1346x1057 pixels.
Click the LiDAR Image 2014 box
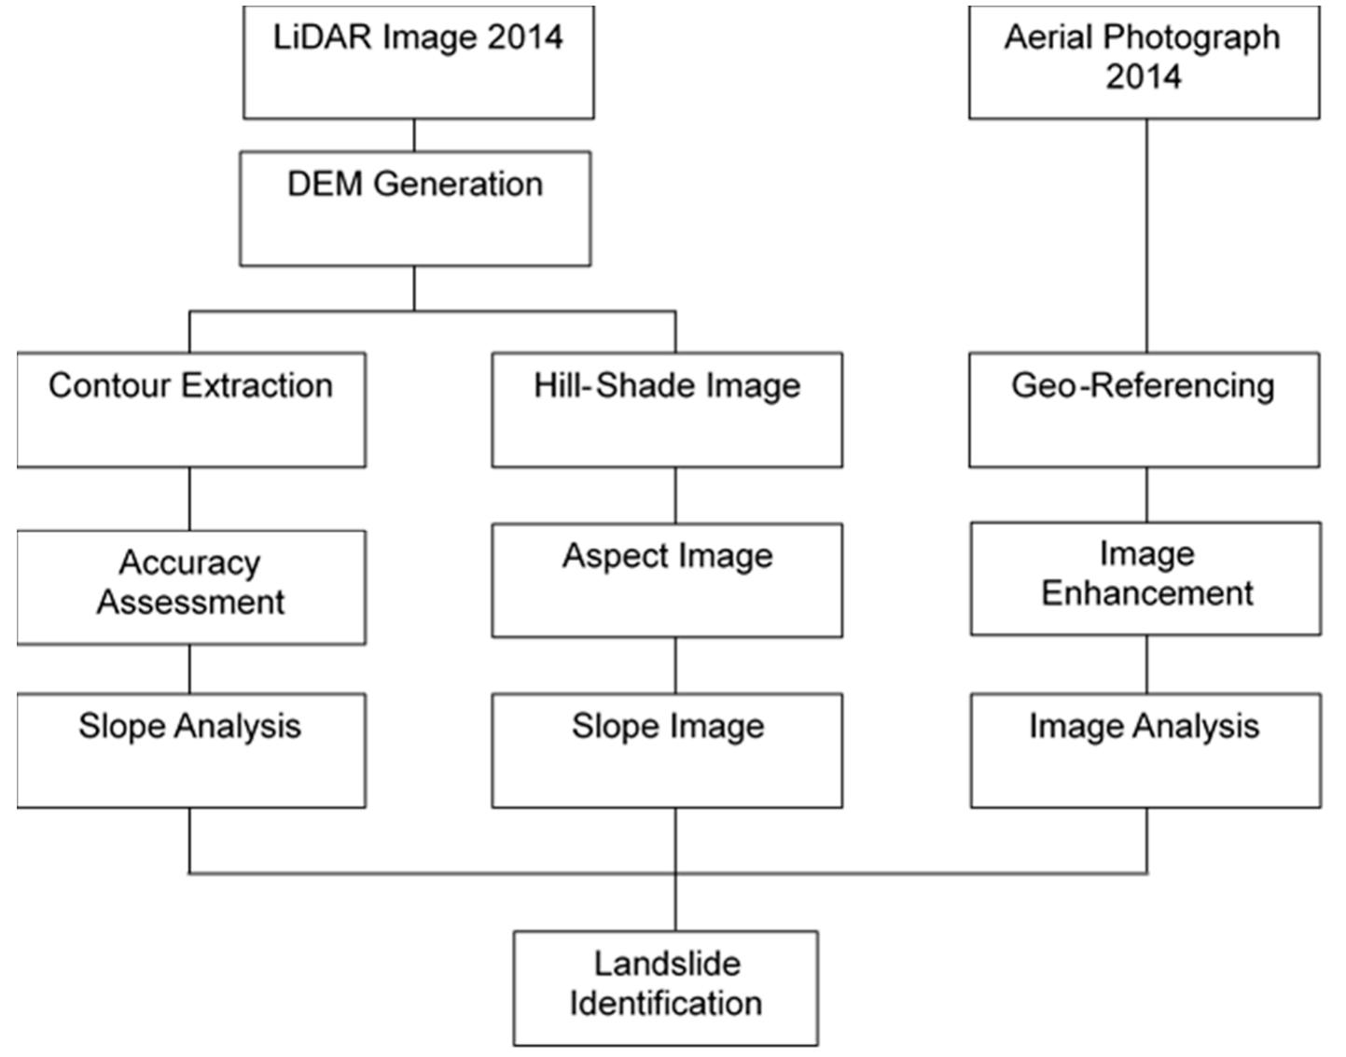tap(418, 62)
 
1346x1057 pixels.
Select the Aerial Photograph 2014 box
tap(1144, 62)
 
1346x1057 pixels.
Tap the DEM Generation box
tap(415, 209)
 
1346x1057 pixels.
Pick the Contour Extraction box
tap(191, 410)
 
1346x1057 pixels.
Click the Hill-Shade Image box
tap(667, 410)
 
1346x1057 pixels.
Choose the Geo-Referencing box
tap(1144, 410)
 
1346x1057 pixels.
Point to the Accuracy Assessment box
tap(191, 587)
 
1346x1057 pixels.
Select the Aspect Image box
tap(667, 579)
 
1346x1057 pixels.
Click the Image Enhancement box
tap(1145, 578)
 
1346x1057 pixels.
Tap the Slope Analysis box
tap(191, 750)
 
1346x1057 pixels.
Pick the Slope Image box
tap(667, 750)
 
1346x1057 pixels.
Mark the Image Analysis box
tap(1145, 750)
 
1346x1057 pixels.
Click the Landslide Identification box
tap(666, 987)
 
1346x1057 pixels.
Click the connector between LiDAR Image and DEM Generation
tap(414, 135)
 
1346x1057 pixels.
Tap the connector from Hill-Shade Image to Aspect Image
tap(675, 495)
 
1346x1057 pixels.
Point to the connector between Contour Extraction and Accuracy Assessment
tap(189, 499)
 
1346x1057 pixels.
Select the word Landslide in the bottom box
tap(667, 964)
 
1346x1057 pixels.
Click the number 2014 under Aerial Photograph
tap(1144, 76)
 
